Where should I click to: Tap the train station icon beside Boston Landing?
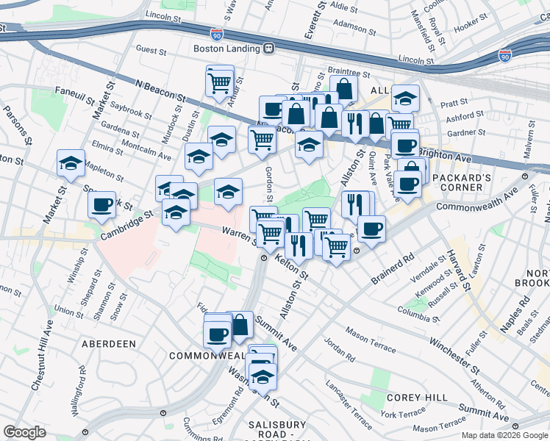tap(269, 49)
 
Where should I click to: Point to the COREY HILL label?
tap(417, 398)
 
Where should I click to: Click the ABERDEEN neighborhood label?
tap(109, 343)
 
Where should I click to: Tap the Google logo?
tap(24, 432)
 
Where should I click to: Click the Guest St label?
tap(152, 49)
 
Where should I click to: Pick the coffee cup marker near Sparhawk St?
tap(101, 204)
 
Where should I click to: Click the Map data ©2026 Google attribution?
tap(504, 434)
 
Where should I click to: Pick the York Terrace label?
tap(403, 415)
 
